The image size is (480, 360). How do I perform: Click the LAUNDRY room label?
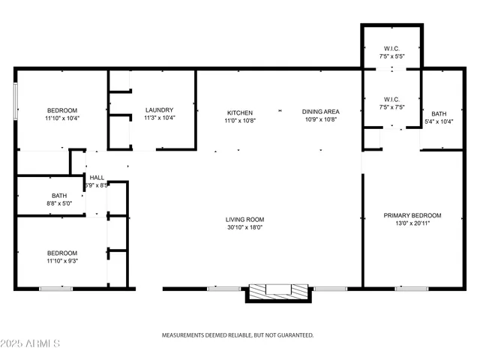(x=159, y=110)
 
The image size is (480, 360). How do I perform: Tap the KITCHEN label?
(x=239, y=112)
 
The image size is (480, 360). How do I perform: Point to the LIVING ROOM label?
(x=244, y=220)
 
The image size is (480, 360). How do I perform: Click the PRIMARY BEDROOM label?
(x=412, y=215)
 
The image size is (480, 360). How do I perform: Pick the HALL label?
(x=97, y=178)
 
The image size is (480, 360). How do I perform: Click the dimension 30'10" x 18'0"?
(x=244, y=228)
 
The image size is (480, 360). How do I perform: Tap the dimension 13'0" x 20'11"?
(x=412, y=223)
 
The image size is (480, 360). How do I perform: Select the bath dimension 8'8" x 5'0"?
(x=59, y=203)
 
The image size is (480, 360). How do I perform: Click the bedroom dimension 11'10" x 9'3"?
(x=61, y=261)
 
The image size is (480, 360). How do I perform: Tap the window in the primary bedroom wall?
(x=412, y=288)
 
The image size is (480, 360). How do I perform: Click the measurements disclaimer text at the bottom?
(x=238, y=335)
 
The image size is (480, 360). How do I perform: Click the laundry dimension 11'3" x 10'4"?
(x=159, y=118)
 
